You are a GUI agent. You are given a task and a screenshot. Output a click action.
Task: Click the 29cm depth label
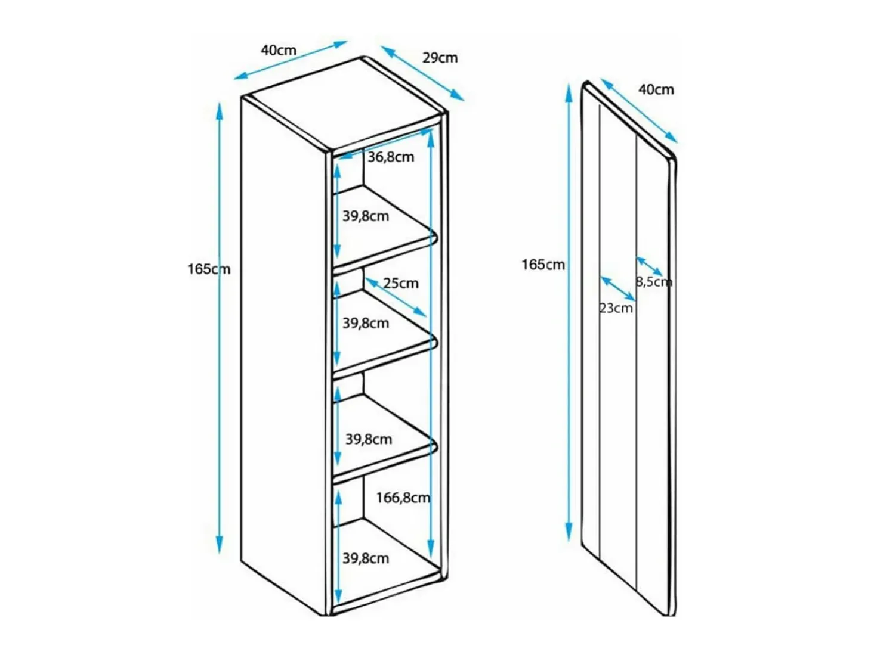click(x=440, y=58)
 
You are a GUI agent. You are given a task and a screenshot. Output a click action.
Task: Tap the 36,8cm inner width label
click(x=391, y=157)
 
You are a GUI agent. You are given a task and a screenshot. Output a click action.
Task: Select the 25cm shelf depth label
click(x=401, y=283)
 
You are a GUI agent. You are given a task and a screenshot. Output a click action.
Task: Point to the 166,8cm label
click(x=403, y=498)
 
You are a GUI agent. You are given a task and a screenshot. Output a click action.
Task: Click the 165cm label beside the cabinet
click(x=209, y=269)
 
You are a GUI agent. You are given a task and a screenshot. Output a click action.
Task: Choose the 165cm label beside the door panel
click(x=543, y=265)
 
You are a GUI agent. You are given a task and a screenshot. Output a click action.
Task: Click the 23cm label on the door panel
click(x=616, y=308)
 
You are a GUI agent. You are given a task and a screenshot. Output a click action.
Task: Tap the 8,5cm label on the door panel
click(x=654, y=282)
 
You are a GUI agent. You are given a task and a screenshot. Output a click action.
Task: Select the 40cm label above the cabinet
click(x=279, y=50)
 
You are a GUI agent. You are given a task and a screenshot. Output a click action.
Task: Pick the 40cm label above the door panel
click(x=656, y=89)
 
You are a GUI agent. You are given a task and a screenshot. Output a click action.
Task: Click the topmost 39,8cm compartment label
click(x=366, y=216)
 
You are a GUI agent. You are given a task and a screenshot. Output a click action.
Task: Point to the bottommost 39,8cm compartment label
click(x=366, y=558)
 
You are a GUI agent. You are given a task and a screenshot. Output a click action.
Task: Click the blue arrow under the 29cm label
click(x=422, y=73)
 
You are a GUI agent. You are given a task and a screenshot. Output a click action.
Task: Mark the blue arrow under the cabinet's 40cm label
click(x=291, y=60)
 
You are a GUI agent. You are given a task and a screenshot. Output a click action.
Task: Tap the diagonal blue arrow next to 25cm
click(x=396, y=297)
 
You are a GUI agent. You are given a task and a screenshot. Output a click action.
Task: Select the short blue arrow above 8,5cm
click(x=650, y=266)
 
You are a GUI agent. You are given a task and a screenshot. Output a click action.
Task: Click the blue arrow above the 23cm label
click(x=618, y=288)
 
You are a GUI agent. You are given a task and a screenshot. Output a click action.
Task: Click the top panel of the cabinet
click(x=344, y=105)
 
